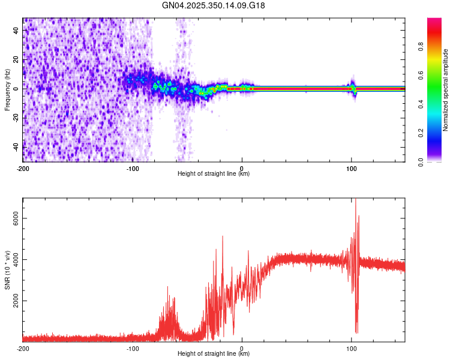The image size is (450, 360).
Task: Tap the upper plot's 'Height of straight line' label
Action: [214, 173]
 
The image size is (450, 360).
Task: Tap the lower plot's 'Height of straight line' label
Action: [214, 353]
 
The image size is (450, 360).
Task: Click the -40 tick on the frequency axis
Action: [16, 147]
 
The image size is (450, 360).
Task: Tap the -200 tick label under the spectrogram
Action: [23, 168]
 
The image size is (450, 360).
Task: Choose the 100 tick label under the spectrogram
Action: [352, 168]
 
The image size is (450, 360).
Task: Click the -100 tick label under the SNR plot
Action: [133, 348]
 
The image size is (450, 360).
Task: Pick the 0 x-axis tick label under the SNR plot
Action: [242, 348]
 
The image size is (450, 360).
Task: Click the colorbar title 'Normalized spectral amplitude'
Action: [446, 89]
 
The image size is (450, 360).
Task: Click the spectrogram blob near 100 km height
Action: [353, 89]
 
